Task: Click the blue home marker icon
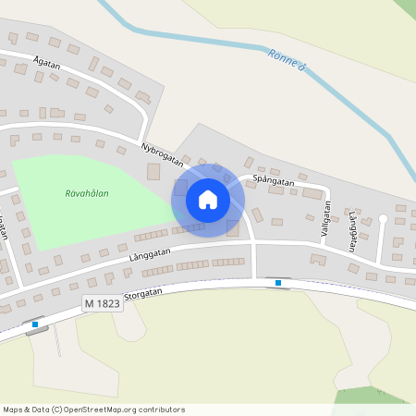click(x=208, y=199)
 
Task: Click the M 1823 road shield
click(x=103, y=303)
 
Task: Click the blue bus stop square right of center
click(x=278, y=282)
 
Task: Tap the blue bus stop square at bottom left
click(x=35, y=324)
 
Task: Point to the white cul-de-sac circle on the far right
click(x=384, y=219)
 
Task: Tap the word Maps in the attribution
click(x=13, y=410)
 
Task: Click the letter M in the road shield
click(x=90, y=303)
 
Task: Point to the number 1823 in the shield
click(x=108, y=303)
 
